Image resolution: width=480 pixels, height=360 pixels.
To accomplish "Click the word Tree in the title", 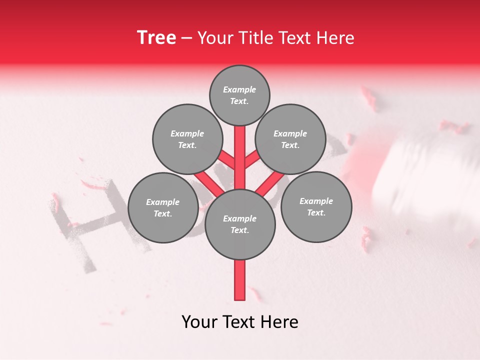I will [156, 37].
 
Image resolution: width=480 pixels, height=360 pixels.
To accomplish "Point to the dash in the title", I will [186, 38].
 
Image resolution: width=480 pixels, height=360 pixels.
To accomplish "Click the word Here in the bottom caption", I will [278, 322].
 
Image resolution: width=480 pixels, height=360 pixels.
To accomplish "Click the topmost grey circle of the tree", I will [239, 95].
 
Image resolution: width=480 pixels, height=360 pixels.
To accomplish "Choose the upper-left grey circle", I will [187, 139].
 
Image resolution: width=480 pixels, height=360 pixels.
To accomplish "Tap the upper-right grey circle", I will [290, 139].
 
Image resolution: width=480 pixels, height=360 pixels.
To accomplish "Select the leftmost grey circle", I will [162, 207].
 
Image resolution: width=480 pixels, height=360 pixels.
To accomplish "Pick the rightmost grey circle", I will [316, 206].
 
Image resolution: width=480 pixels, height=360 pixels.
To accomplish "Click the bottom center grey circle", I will [239, 224].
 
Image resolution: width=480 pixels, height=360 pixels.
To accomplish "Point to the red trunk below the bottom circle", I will [240, 280].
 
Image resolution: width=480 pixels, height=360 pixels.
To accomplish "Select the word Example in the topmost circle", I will [239, 89].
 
